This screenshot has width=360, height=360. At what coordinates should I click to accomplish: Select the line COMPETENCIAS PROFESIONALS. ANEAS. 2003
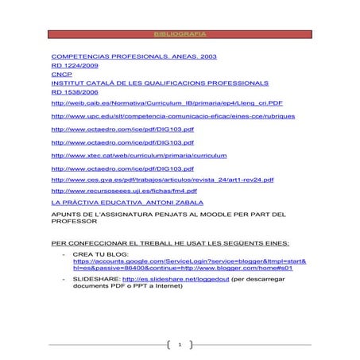pyautogui.click(x=134, y=58)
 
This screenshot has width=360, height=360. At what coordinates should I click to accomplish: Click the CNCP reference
pyautogui.click(x=61, y=75)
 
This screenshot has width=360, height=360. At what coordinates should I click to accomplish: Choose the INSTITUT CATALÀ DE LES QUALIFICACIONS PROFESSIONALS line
pyautogui.click(x=159, y=83)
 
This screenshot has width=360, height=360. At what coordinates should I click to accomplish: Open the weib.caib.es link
pyautogui.click(x=166, y=103)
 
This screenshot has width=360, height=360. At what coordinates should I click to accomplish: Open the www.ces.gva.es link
pyautogui.click(x=162, y=180)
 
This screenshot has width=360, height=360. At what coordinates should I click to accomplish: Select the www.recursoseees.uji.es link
pyautogui.click(x=124, y=192)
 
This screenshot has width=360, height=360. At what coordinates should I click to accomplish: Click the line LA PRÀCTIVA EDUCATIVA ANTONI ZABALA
pyautogui.click(x=126, y=203)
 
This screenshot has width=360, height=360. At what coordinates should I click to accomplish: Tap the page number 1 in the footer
pyautogui.click(x=180, y=345)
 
